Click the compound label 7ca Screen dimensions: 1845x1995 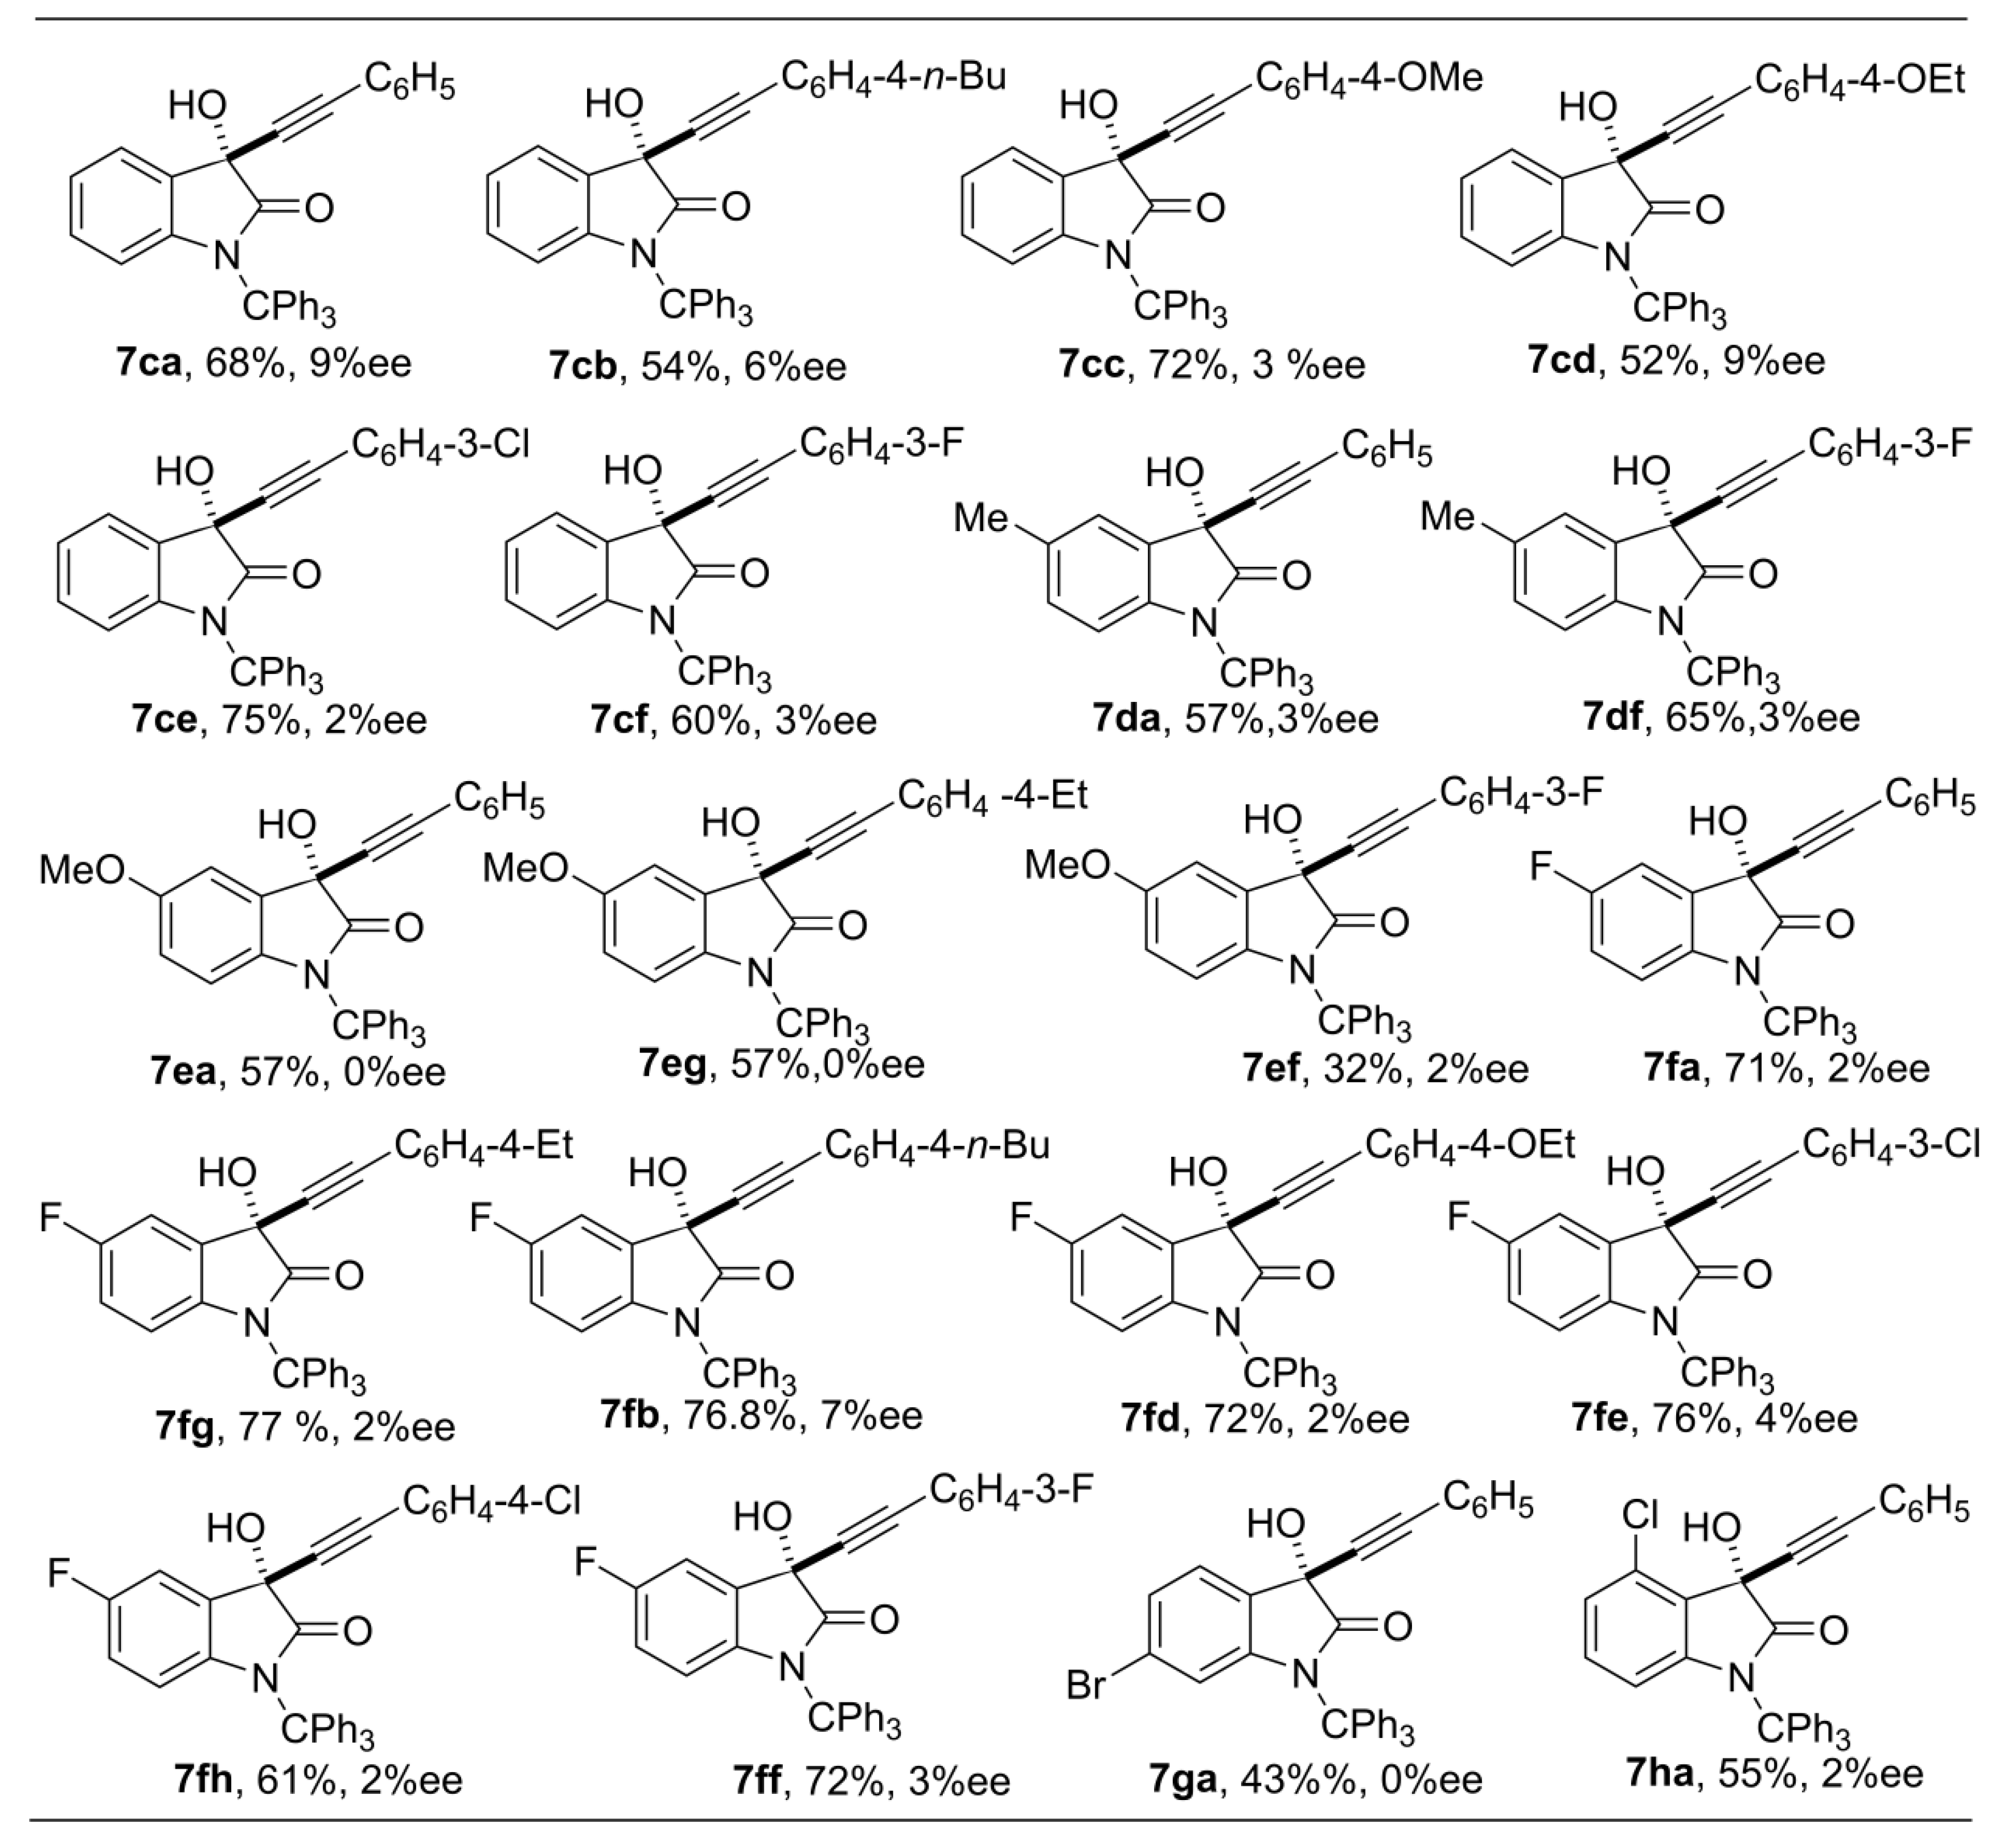click(148, 363)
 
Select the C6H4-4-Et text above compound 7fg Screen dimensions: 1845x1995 click(485, 1146)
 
